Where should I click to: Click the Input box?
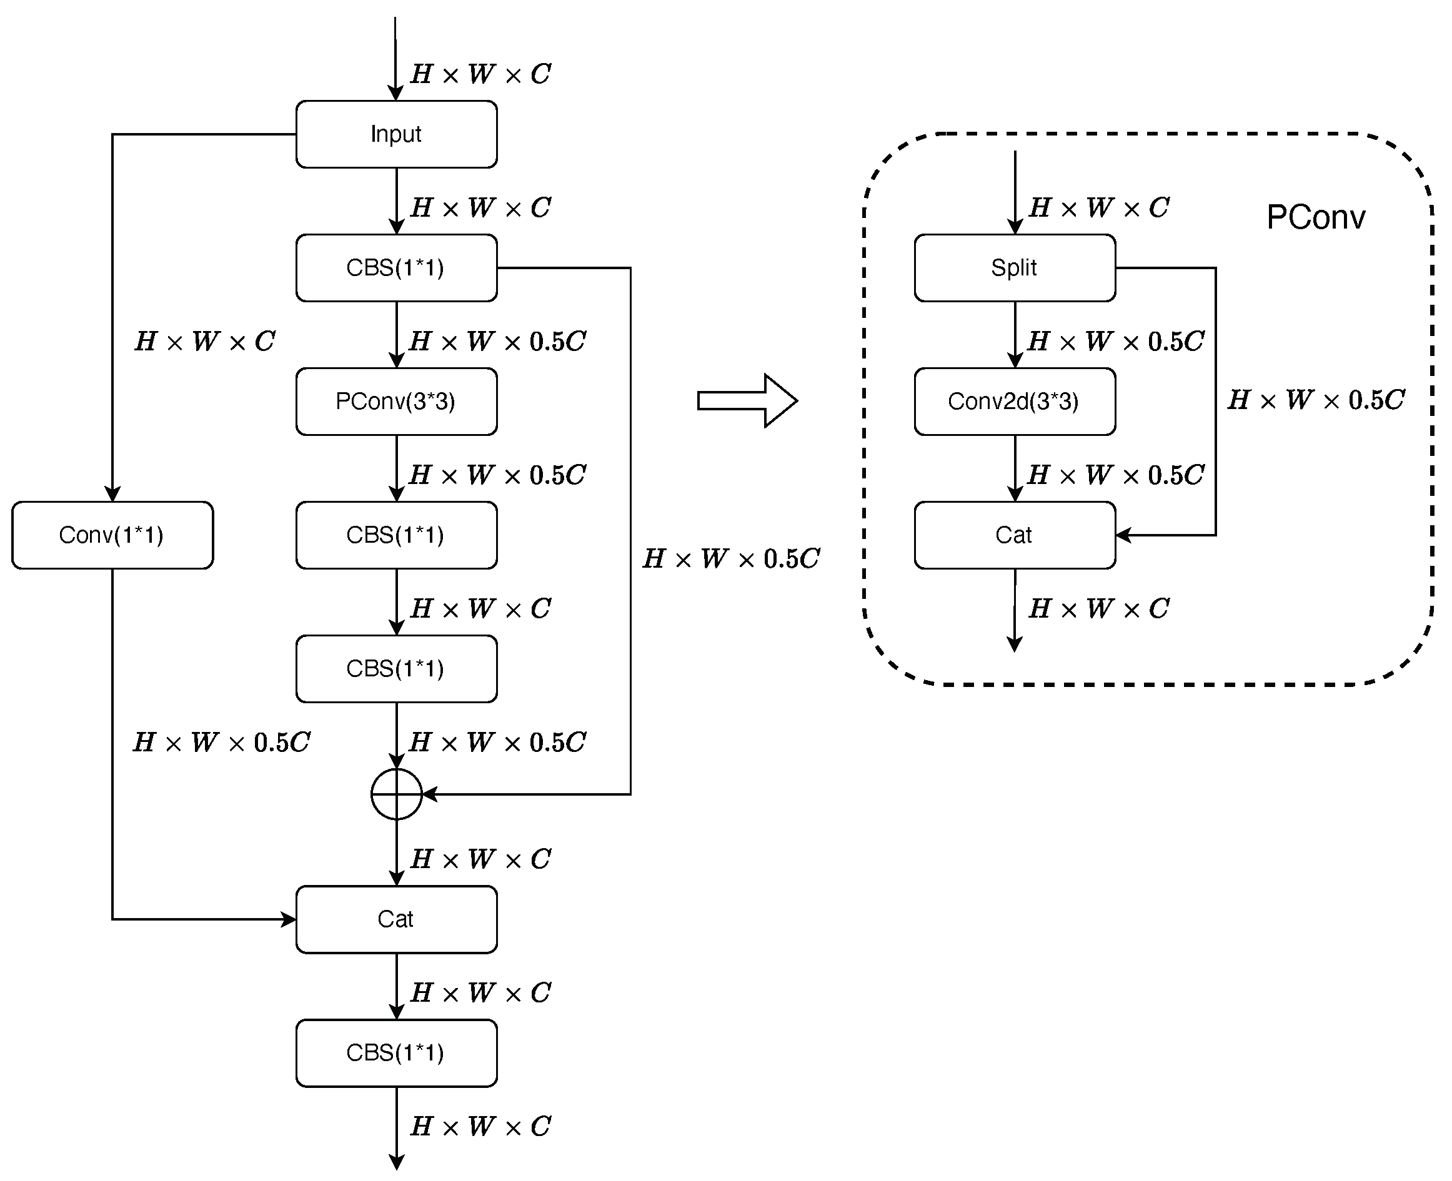coord(396,134)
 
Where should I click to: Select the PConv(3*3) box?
coord(396,402)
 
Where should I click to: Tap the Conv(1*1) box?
coord(112,535)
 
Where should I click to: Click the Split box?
coord(1015,268)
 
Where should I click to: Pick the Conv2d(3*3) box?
coord(1015,402)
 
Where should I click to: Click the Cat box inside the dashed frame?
coord(1015,535)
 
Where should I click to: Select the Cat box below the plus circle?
coord(396,919)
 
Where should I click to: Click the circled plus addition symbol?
coord(397,794)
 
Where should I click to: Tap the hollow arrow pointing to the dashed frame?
coord(747,401)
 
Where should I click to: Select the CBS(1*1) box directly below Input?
coord(396,268)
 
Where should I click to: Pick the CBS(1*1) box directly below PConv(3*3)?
coord(396,535)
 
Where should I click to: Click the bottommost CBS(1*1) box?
coord(396,1052)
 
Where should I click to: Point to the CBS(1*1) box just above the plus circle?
coord(396,669)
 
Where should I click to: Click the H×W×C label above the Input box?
coord(480,74)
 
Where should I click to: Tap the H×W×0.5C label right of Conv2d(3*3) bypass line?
coord(1316,400)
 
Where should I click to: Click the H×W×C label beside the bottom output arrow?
coord(480,1127)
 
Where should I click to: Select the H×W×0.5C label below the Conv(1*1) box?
coord(222,742)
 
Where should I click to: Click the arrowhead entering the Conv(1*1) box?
coord(112,495)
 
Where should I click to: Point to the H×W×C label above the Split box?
coord(1099,207)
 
